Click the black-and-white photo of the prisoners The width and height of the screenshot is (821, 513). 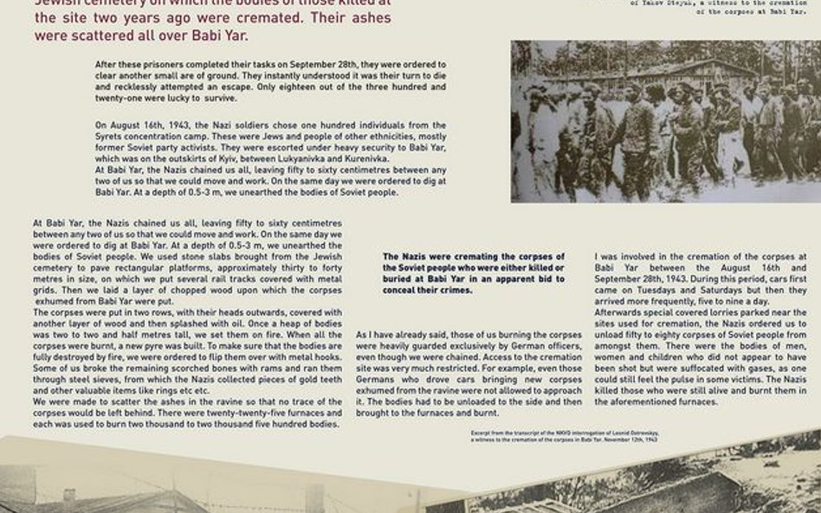pos(665,121)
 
